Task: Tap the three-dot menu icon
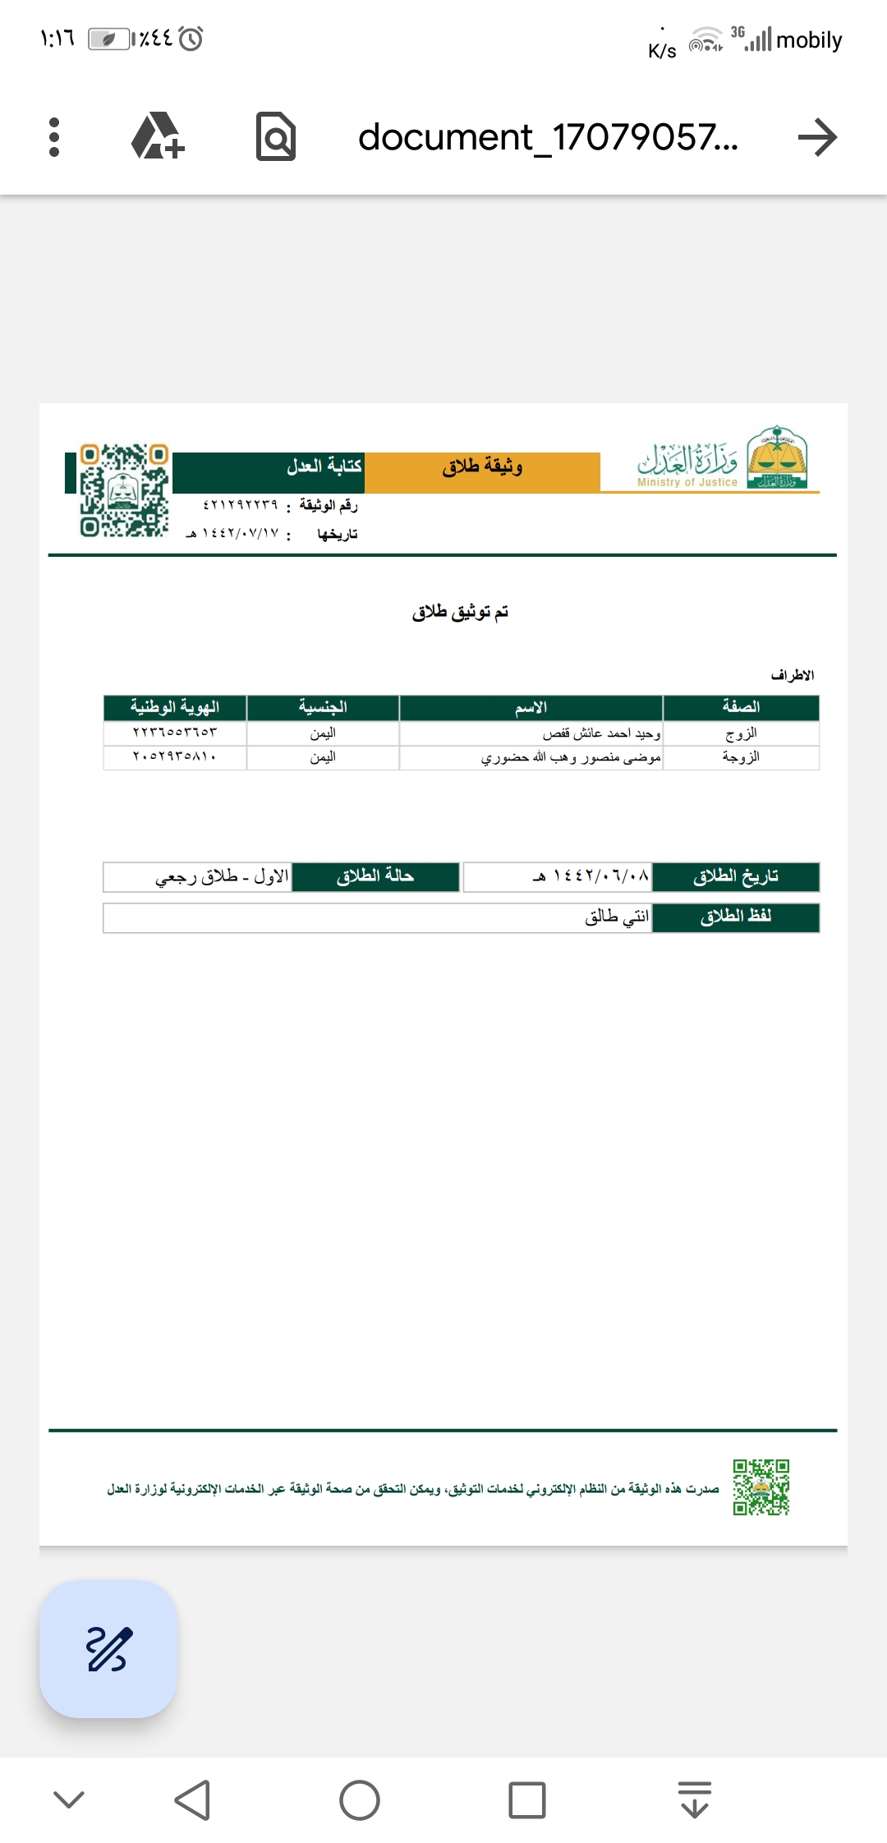(54, 137)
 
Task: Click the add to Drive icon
(157, 136)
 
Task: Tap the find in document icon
(276, 136)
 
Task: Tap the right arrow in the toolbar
(817, 137)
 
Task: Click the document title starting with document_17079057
(548, 137)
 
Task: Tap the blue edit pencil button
(108, 1648)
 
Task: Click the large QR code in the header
(124, 490)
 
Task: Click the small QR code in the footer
(761, 1487)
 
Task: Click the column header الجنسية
(323, 707)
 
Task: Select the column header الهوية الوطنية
(175, 707)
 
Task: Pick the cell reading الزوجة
(741, 757)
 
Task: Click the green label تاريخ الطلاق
(736, 876)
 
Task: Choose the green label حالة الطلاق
(375, 876)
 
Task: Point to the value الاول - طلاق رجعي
(222, 876)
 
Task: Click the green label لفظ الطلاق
(736, 917)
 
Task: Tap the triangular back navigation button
(194, 1800)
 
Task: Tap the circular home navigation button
(360, 1800)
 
